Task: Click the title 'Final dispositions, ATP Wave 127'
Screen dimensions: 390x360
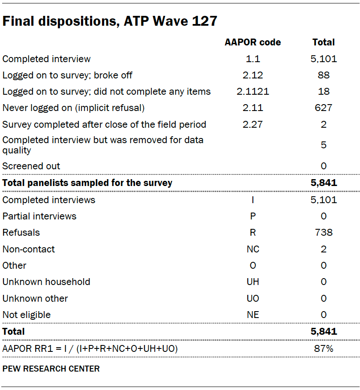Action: [110, 21]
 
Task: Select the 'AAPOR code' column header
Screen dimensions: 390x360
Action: [253, 42]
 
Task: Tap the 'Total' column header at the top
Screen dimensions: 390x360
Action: [324, 42]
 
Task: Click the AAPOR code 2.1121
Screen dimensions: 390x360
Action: [253, 91]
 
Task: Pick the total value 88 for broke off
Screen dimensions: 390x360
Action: [324, 75]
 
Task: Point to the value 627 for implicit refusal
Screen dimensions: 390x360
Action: [324, 108]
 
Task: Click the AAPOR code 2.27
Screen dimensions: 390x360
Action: [253, 124]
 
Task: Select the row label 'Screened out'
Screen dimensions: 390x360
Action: [31, 166]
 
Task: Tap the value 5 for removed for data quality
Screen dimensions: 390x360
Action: [324, 145]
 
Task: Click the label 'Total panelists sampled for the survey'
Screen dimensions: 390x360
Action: [87, 183]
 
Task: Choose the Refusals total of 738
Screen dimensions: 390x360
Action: [324, 232]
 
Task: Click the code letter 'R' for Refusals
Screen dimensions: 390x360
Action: [253, 232]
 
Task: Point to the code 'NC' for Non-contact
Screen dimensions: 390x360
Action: [253, 249]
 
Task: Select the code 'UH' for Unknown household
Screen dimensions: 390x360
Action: [253, 282]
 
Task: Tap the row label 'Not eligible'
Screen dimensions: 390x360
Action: [27, 315]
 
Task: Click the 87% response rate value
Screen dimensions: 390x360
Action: [324, 348]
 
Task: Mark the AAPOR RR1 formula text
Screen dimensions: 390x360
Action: [90, 348]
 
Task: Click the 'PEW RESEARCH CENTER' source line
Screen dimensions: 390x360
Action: [51, 369]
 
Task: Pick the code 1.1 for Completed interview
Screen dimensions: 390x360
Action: [253, 59]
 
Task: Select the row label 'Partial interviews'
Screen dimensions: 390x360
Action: [39, 216]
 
